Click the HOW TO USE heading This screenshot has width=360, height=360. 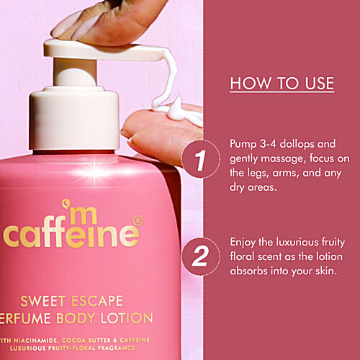[x=282, y=84]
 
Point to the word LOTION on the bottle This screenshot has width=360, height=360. [x=130, y=318]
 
